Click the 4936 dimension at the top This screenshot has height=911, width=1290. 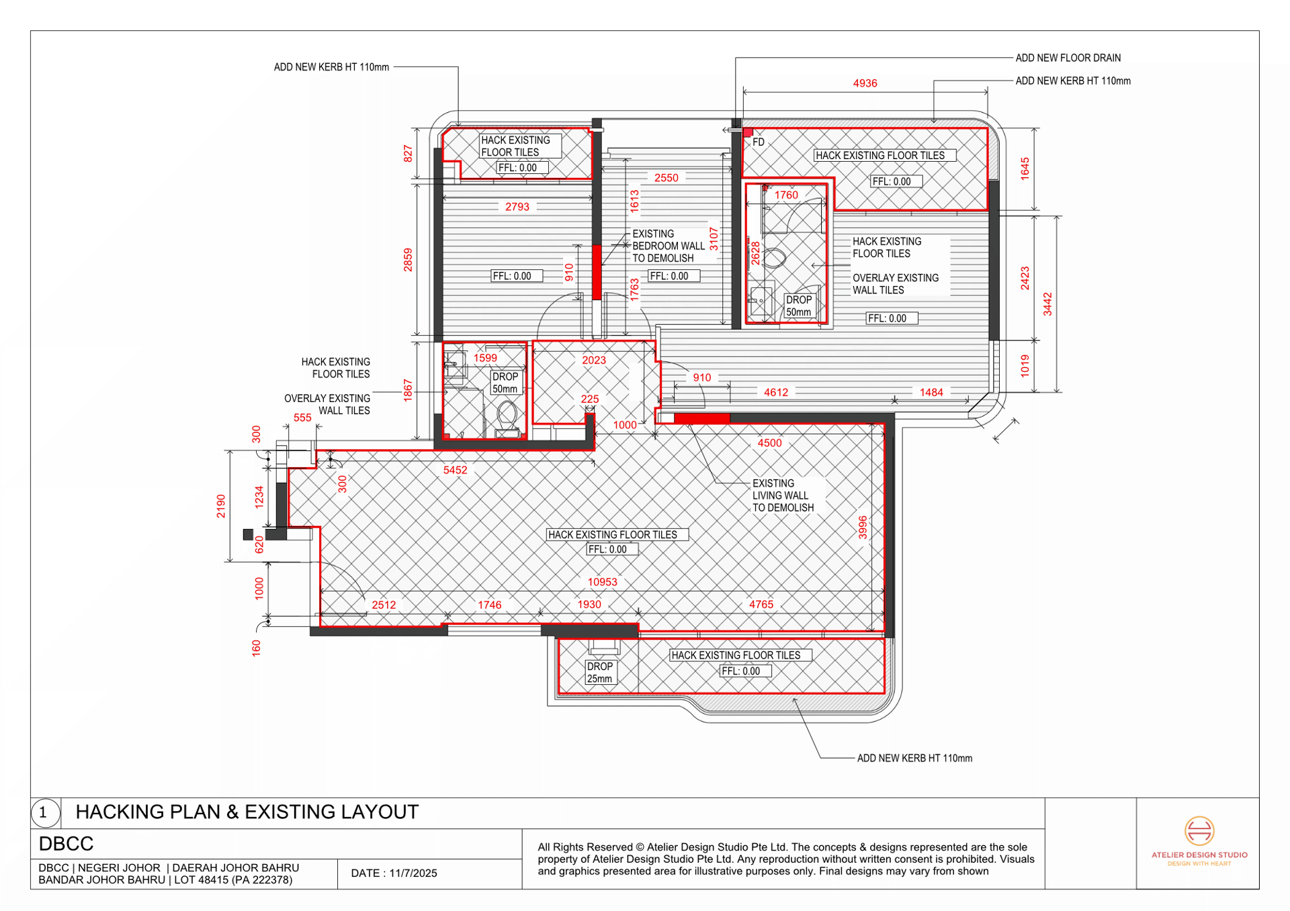click(x=865, y=83)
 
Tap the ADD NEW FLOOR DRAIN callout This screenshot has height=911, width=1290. click(x=1068, y=58)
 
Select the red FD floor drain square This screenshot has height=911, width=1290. click(x=748, y=133)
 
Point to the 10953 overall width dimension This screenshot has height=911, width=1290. click(x=602, y=582)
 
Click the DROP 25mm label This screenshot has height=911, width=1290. click(x=599, y=673)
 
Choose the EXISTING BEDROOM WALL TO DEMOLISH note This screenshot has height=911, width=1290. click(x=668, y=246)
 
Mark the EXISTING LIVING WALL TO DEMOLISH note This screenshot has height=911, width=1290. click(x=783, y=495)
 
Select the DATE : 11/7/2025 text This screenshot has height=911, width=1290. click(x=394, y=873)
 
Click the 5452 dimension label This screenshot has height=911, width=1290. click(x=455, y=470)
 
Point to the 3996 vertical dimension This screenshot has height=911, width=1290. click(x=863, y=528)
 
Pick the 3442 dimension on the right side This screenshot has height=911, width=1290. click(x=1047, y=304)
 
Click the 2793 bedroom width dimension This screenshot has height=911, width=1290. click(x=517, y=207)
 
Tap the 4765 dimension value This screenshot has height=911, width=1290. click(x=761, y=604)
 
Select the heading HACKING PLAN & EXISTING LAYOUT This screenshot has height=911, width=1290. click(x=247, y=812)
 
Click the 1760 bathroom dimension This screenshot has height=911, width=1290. click(x=786, y=195)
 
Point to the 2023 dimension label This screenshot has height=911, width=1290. click(x=594, y=360)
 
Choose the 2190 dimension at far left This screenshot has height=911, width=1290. click(x=221, y=506)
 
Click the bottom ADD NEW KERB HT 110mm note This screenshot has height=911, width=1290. click(x=914, y=758)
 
